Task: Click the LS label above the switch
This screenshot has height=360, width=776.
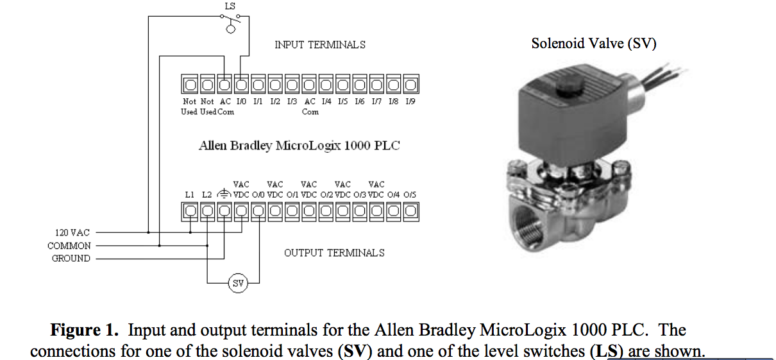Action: click(231, 6)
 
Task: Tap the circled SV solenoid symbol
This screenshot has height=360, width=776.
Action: click(238, 283)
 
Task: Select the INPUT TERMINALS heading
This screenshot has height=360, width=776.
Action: click(320, 45)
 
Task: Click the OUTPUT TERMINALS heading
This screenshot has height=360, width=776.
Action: click(334, 253)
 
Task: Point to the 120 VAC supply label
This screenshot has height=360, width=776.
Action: click(71, 232)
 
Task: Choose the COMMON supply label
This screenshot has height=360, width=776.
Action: click(69, 246)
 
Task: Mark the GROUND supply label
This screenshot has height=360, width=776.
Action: click(71, 259)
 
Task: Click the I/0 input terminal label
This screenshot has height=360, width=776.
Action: click(241, 101)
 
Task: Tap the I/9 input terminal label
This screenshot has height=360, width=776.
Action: click(410, 101)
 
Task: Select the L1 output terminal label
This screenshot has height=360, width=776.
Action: click(189, 194)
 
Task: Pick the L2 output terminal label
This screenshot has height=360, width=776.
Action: click(207, 194)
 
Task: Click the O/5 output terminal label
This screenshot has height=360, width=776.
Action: click(410, 194)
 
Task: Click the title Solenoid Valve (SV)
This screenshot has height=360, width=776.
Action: click(593, 44)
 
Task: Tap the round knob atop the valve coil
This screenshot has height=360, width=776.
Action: click(567, 87)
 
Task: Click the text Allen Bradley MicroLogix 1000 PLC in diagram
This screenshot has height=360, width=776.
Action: click(299, 145)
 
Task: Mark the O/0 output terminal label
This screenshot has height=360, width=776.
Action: click(258, 194)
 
